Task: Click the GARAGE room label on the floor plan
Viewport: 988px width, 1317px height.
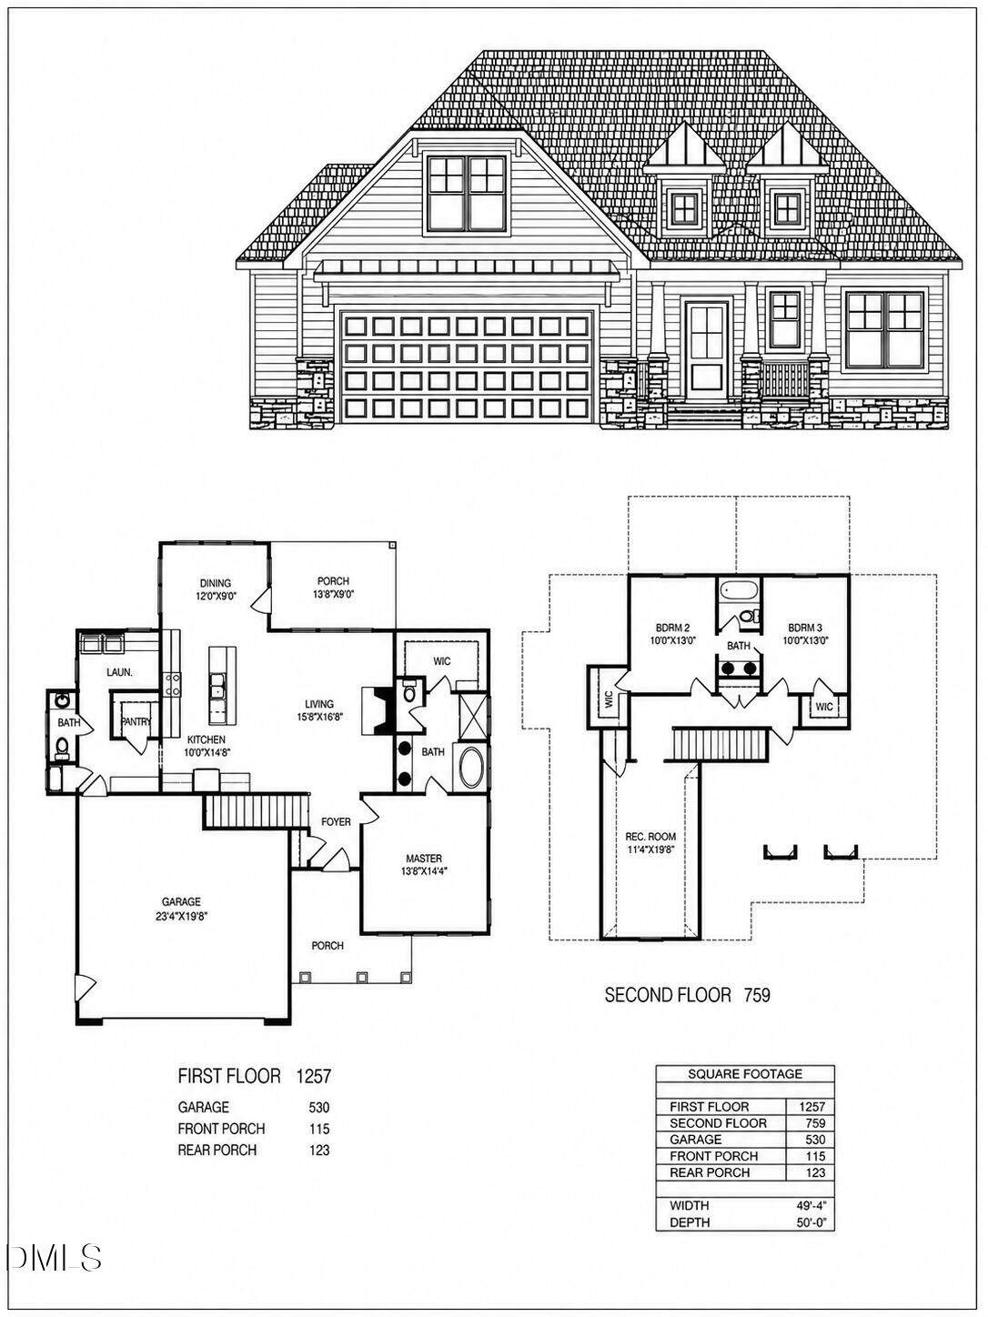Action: click(x=180, y=901)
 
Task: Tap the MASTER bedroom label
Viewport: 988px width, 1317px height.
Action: click(x=424, y=858)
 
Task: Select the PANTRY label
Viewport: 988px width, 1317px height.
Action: click(x=136, y=722)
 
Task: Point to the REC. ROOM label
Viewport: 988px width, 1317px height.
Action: click(x=650, y=836)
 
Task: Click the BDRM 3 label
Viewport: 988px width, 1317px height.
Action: click(x=805, y=628)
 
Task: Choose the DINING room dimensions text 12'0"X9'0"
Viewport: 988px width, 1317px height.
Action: click(x=216, y=597)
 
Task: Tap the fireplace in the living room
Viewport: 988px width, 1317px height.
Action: click(x=378, y=710)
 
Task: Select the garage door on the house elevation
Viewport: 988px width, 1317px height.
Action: click(x=466, y=367)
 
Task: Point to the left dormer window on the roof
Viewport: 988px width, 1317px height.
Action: click(x=684, y=208)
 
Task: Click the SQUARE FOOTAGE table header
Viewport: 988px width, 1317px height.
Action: click(x=744, y=1073)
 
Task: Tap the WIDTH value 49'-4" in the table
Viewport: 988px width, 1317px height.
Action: click(x=814, y=1205)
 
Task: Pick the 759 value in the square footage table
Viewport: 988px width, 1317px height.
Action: click(x=816, y=1123)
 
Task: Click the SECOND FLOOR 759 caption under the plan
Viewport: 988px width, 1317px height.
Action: click(x=688, y=995)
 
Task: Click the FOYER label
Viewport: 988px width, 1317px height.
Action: click(x=336, y=821)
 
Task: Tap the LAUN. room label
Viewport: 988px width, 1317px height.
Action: click(x=119, y=673)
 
